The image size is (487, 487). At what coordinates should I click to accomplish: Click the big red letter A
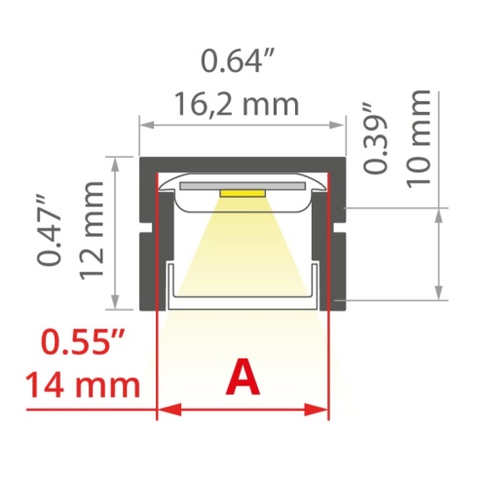(243, 379)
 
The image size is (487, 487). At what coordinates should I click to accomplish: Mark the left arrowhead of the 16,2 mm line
(145, 125)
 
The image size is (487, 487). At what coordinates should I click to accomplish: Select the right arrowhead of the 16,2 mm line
(342, 125)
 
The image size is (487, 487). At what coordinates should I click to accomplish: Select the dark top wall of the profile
(243, 163)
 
